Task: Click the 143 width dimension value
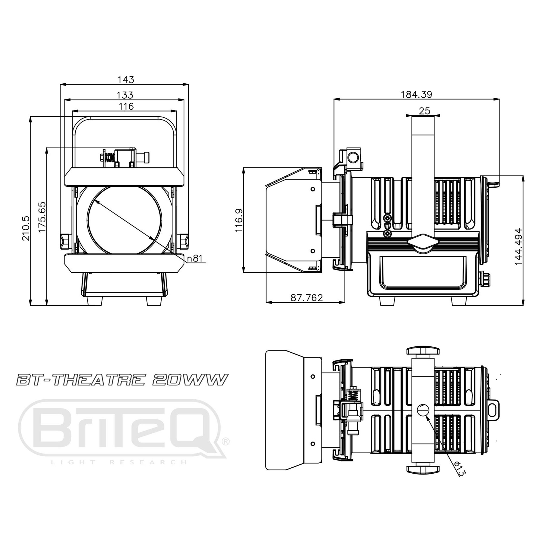pos(126,80)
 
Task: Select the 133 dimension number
pos(125,95)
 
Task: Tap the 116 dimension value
pos(126,106)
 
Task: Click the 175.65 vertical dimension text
pos(42,217)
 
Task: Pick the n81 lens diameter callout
pos(194,258)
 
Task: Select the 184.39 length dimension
pos(416,94)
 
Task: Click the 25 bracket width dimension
pos(424,111)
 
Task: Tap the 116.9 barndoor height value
pos(239,220)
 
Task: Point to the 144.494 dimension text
pos(518,247)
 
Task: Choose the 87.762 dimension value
pos(307,297)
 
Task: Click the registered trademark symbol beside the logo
pos(225,441)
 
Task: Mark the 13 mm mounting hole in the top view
pos(423,410)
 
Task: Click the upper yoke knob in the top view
pos(423,351)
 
